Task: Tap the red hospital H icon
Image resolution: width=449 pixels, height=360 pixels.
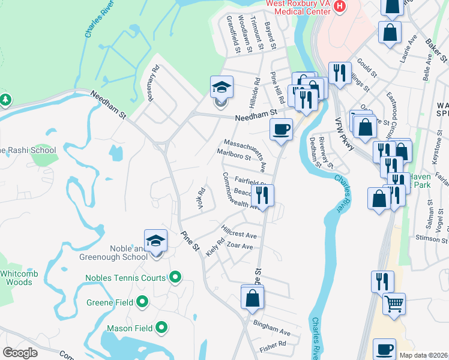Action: [x=340, y=7]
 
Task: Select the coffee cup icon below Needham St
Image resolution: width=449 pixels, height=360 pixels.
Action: [x=280, y=130]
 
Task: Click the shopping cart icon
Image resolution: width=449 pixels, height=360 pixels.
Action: [x=394, y=305]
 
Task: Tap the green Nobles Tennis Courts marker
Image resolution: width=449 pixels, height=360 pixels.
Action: [x=175, y=277]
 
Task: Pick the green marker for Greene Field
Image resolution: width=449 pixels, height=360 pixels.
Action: [x=142, y=302]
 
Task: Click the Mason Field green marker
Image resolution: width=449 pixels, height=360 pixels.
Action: [x=161, y=328]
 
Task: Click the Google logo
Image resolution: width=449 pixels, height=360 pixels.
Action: [x=20, y=353]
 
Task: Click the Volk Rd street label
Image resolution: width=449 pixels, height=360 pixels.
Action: [x=201, y=199]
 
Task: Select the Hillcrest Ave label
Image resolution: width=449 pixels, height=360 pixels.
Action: [x=238, y=232]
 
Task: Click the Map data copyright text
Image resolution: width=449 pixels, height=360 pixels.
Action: [x=421, y=355]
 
